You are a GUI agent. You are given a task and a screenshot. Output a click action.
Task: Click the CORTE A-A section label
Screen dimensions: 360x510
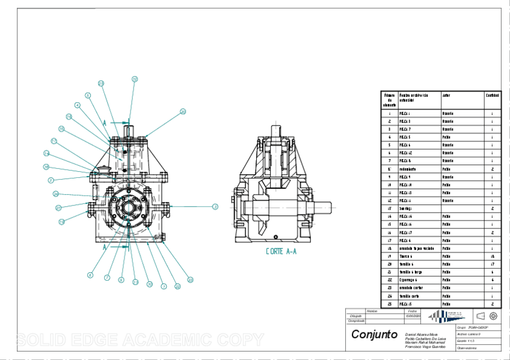pyautogui.click(x=281, y=252)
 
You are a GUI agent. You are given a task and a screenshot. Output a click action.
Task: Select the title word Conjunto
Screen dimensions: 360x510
pyautogui.click(x=373, y=334)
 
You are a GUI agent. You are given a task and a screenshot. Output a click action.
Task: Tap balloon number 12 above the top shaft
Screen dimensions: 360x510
pyautogui.click(x=135, y=79)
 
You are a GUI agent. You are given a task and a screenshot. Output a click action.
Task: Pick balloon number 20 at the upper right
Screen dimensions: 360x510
pyautogui.click(x=183, y=111)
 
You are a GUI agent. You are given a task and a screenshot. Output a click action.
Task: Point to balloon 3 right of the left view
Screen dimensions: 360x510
pyautogui.click(x=215, y=207)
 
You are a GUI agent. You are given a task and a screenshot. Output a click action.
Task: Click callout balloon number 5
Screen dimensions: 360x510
pyautogui.click(x=87, y=95)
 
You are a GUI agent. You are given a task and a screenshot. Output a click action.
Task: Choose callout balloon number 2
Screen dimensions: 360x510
pyautogui.click(x=51, y=180)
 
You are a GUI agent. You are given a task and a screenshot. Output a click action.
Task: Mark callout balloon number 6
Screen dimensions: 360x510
pyautogui.click(x=90, y=275)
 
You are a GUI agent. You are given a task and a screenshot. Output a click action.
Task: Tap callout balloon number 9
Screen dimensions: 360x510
pyautogui.click(x=121, y=279)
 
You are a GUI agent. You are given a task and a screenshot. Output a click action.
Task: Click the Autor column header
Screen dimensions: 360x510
pyautogui.click(x=447, y=95)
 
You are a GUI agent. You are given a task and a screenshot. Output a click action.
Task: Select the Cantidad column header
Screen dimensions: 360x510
pyautogui.click(x=492, y=95)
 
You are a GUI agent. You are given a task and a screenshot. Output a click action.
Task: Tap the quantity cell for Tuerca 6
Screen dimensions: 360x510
pyautogui.click(x=492, y=256)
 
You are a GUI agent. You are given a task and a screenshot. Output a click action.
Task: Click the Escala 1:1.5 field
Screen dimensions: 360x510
pyautogui.click(x=467, y=341)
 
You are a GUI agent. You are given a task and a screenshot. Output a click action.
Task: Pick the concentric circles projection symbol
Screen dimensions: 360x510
pyautogui.click(x=493, y=316)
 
